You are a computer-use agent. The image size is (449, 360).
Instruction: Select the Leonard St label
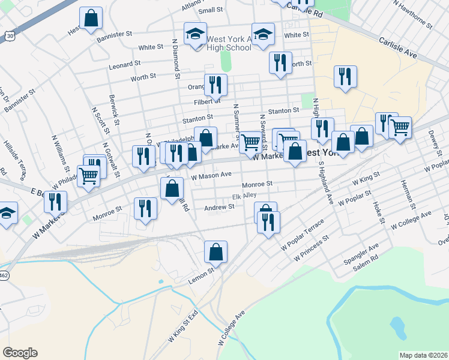pos(124,62)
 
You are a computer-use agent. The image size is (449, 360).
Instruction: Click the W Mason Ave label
pos(211,175)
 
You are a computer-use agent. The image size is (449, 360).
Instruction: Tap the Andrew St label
pos(219,207)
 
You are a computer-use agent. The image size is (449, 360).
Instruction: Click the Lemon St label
pos(201,274)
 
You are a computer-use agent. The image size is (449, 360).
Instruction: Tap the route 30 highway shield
pos(10,37)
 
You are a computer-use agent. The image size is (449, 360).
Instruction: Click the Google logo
pos(20,353)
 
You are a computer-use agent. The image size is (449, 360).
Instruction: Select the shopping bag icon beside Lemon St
pos(215,252)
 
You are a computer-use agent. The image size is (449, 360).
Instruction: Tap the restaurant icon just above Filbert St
pos(215,85)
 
